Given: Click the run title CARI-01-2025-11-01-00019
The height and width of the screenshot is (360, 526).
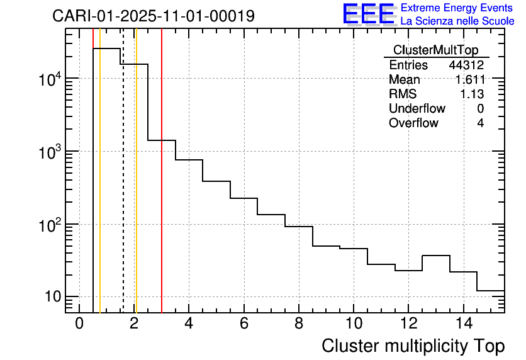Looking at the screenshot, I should click(154, 16).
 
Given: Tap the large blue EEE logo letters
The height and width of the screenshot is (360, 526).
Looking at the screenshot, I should click(369, 14).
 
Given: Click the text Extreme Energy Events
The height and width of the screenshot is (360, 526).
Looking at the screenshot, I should click(457, 8).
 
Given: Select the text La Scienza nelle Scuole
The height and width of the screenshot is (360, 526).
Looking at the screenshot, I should click(457, 21).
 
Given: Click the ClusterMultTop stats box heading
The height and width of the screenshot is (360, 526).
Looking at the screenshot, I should click(435, 50).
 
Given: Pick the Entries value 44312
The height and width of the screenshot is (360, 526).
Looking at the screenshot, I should click(466, 65).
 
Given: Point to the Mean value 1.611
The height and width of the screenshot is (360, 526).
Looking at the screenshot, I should click(469, 80).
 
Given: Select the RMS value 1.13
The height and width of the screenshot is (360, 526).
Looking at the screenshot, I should click(473, 94).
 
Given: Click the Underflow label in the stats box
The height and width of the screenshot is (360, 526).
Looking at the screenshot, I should click(417, 109).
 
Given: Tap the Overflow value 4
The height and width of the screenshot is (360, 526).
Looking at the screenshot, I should click(480, 123).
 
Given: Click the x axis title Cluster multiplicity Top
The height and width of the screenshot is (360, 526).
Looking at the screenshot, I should click(413, 346).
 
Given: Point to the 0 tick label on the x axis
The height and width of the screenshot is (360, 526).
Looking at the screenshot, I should click(79, 323).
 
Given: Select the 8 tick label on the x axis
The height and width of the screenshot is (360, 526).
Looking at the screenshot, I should click(299, 323).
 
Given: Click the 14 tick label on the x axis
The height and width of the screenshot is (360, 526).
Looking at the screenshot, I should click(463, 323).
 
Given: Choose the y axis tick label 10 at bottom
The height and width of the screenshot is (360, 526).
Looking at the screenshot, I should click(52, 296).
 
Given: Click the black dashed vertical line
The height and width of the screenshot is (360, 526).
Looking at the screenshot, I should click(123, 189).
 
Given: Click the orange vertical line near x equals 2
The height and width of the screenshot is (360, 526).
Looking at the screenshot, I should click(136, 189).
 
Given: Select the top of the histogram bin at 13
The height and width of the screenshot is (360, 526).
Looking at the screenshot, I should click(435, 256).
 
